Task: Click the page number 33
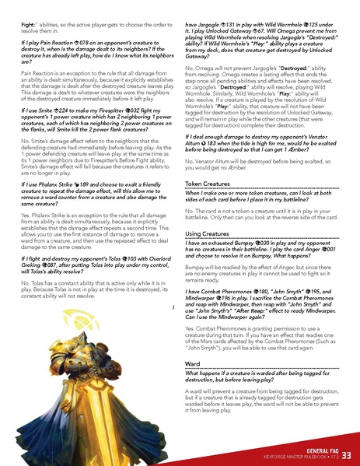point(347,454)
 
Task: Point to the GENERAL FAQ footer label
point(320,450)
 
